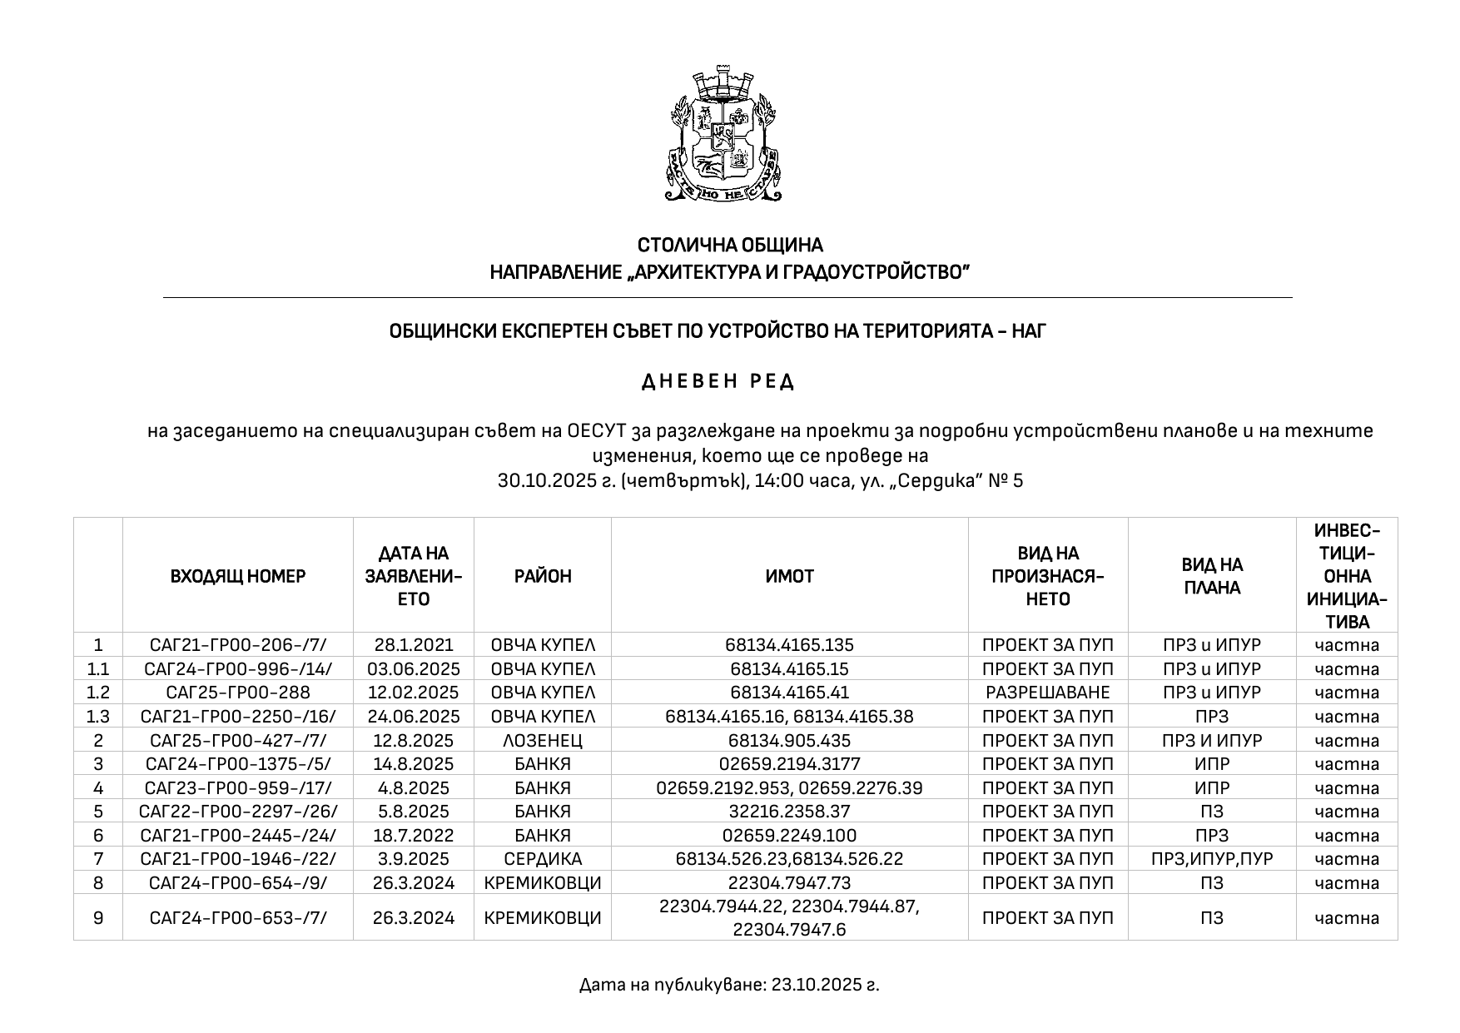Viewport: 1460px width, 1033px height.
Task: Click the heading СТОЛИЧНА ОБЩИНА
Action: coord(730,246)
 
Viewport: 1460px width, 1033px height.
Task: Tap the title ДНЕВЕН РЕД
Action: coord(719,382)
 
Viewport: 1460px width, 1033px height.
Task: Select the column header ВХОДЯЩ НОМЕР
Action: coord(238,576)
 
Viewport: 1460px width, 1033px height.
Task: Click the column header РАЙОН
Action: coord(543,576)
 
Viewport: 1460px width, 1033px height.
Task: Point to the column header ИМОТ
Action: coord(789,576)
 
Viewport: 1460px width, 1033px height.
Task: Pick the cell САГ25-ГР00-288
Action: coord(238,693)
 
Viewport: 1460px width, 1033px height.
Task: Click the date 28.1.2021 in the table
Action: coord(414,645)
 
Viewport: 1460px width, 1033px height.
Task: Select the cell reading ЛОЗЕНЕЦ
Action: coord(543,740)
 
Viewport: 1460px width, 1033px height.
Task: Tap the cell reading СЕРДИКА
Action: coord(543,859)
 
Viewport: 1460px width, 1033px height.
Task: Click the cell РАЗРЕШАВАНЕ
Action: coord(1047,693)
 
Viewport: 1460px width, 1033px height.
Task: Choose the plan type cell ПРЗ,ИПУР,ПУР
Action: coord(1212,859)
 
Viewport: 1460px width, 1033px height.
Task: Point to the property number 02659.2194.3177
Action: coord(789,764)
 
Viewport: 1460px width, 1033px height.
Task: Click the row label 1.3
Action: coord(98,717)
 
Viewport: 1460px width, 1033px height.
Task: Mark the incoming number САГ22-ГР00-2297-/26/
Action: coord(238,812)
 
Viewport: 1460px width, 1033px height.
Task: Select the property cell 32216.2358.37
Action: coord(789,812)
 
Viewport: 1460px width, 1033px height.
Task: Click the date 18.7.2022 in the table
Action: coord(414,836)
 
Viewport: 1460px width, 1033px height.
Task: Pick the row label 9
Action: coord(98,917)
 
